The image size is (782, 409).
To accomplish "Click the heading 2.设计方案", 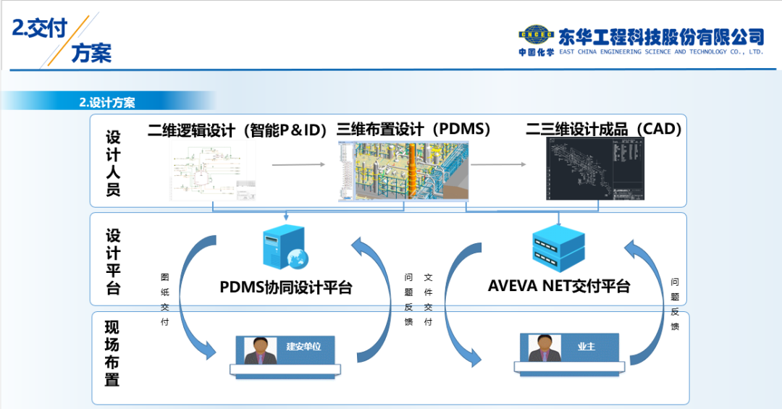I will pos(107,103).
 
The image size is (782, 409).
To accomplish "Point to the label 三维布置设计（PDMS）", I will pos(414,130).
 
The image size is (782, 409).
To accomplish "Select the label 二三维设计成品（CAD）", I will pos(604,130).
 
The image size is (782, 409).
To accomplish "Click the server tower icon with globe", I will pos(285,248).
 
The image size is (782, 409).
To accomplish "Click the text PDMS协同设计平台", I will pos(286,287).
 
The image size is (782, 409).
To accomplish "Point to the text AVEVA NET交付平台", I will pos(559,286).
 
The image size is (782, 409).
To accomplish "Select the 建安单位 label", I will pos(303,347).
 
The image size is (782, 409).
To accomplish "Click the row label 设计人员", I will pos(113,164).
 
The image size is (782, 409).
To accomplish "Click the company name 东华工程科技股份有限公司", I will pos(661,36).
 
